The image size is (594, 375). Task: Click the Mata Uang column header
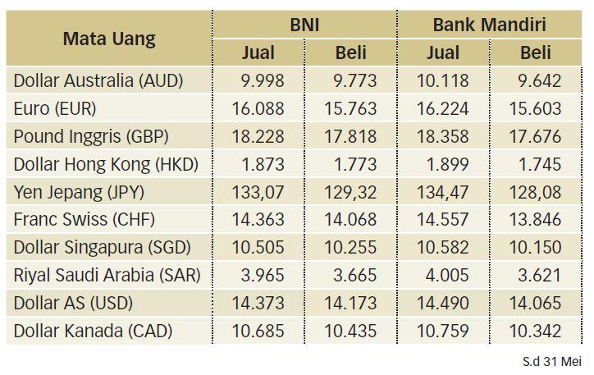(x=109, y=39)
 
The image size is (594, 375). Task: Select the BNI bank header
(x=304, y=25)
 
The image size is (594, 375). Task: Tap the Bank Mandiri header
(x=490, y=25)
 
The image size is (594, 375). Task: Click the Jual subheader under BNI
(x=258, y=53)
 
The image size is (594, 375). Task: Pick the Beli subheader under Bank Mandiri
(x=536, y=53)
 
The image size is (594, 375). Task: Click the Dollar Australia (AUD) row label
(x=98, y=80)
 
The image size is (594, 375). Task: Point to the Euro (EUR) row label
(x=55, y=108)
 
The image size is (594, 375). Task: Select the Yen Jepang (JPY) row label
(x=79, y=192)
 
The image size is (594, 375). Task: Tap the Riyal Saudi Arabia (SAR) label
(x=107, y=275)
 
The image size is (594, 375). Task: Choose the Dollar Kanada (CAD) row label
(x=94, y=331)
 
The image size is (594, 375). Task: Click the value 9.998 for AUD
(x=263, y=80)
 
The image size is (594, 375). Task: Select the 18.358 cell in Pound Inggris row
(x=443, y=136)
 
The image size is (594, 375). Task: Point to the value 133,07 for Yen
(x=258, y=192)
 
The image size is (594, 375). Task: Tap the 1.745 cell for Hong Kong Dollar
(x=540, y=164)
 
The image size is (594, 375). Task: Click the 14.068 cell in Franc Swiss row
(x=351, y=220)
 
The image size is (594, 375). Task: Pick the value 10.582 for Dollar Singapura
(x=443, y=247)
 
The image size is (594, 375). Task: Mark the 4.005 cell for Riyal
(x=447, y=276)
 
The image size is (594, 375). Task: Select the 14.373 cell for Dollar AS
(x=258, y=303)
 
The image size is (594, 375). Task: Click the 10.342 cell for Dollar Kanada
(x=535, y=331)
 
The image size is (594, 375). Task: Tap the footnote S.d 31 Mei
(x=552, y=361)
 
